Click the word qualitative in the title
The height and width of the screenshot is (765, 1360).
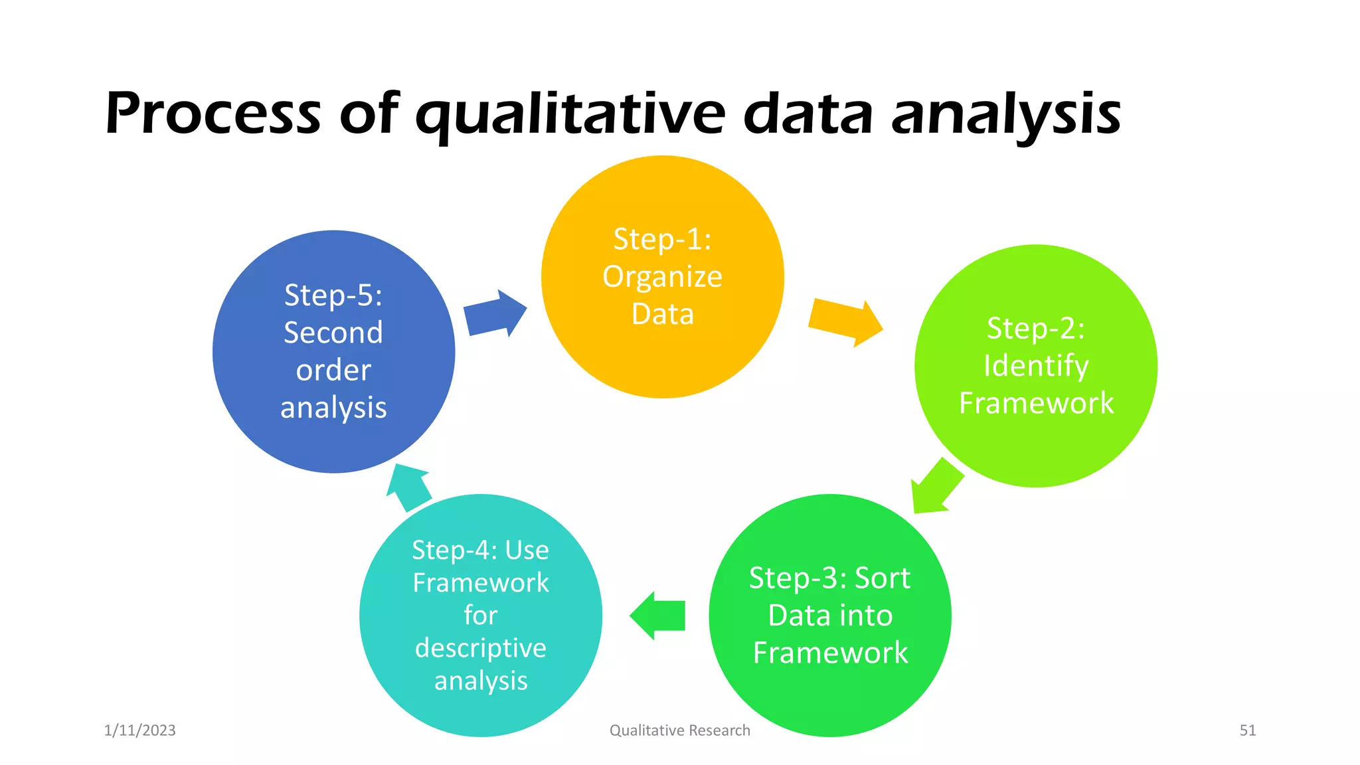(x=570, y=114)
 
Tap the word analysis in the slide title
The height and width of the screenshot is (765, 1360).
(x=1005, y=114)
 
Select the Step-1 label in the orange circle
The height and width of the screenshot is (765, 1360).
(x=662, y=239)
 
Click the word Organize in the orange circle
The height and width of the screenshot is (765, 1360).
(x=662, y=277)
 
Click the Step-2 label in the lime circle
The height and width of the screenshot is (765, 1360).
(x=1035, y=328)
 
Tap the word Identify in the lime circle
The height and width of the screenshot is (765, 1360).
(x=1035, y=366)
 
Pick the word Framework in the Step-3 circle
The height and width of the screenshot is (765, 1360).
(x=830, y=653)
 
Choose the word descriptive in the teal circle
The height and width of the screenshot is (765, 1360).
(x=480, y=648)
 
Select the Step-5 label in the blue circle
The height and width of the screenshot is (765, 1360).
(x=333, y=296)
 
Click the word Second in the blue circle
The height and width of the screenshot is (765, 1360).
(x=333, y=333)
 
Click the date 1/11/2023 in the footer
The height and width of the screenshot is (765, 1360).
(x=140, y=730)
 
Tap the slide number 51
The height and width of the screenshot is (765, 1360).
(x=1247, y=730)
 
